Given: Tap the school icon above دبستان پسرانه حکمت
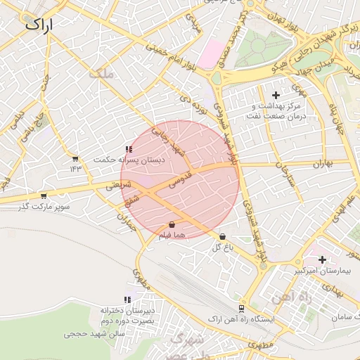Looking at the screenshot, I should click(x=128, y=149).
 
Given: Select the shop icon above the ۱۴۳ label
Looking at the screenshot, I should click(x=75, y=158).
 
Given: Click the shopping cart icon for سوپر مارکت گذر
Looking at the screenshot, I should click(x=44, y=195).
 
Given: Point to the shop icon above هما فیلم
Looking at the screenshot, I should click(x=172, y=224).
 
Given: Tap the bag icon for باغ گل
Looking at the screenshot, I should click(x=223, y=237).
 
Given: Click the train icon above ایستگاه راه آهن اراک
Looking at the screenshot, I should click(x=242, y=308).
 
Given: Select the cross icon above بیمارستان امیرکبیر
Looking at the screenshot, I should click(x=322, y=259).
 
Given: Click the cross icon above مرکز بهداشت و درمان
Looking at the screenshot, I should click(x=275, y=94).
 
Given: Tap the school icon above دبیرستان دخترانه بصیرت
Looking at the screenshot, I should click(x=127, y=300).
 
